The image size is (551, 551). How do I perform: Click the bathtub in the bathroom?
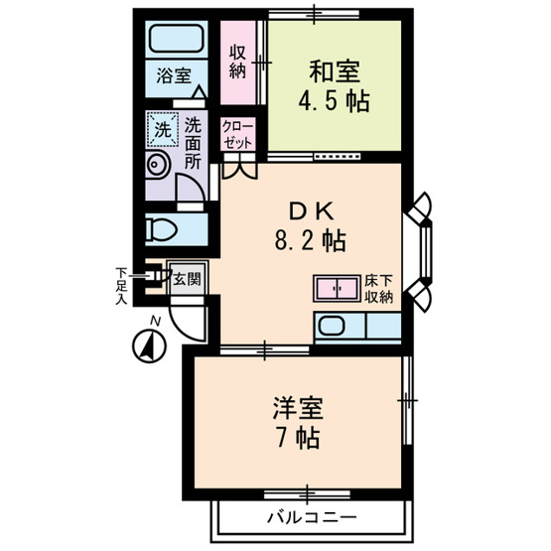click(x=177, y=41)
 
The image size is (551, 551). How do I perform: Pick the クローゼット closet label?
click(x=236, y=134)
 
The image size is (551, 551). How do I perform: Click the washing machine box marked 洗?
click(x=162, y=128)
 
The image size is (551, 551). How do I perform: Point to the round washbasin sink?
click(x=156, y=165)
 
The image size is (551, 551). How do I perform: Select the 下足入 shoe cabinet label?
click(x=121, y=286)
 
